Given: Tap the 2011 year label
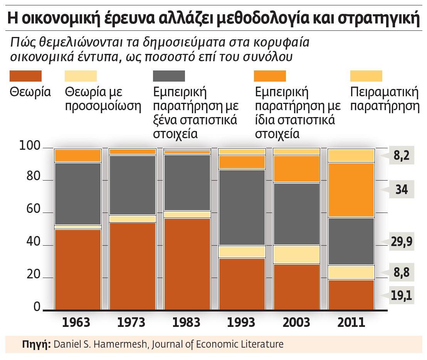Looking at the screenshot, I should [351, 322].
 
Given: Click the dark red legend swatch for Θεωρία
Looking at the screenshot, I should [25, 76].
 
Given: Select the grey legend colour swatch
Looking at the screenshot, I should [169, 76].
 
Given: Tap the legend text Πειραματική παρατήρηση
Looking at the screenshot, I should [384, 99].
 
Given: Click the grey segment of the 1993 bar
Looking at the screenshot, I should [242, 207].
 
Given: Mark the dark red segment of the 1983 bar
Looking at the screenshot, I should [187, 264].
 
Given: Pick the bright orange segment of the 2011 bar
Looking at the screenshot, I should [351, 189].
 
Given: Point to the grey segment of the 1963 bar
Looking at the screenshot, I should [77, 193].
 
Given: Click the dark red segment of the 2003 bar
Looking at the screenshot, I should [296, 286].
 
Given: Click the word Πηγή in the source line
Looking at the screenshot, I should [37, 344].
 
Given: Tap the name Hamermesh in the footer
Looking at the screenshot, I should [125, 344].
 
